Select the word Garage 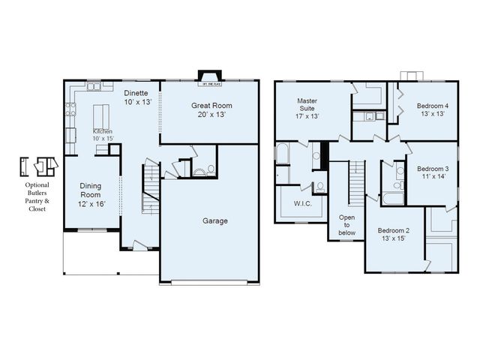click(x=214, y=221)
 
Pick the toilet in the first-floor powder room click(x=211, y=169)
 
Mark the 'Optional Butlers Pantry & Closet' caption click(x=37, y=196)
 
